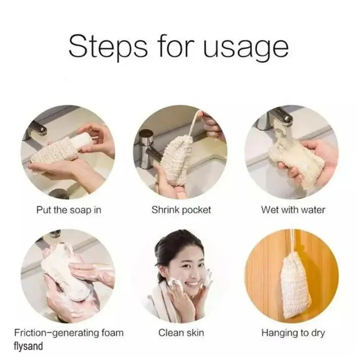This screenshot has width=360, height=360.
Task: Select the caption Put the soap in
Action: [69, 210]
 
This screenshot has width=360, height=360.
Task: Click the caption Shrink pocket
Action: [181, 210]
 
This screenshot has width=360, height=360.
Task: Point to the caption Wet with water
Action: [293, 210]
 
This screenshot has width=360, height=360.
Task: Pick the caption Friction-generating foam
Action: [69, 333]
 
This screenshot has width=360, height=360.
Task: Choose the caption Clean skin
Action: [181, 333]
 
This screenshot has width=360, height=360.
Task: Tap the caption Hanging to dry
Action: [293, 333]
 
